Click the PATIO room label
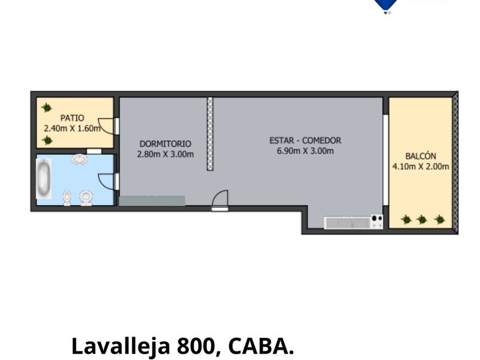(72, 118)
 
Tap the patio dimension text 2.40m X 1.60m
(72, 128)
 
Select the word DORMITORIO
(165, 143)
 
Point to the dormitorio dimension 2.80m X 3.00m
(165, 154)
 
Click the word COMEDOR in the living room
(321, 141)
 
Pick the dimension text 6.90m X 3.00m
(305, 151)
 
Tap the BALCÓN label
(421, 156)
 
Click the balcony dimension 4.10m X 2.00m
(421, 166)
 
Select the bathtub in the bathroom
(43, 178)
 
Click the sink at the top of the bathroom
(79, 159)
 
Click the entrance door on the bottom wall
(220, 200)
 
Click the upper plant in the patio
(46, 107)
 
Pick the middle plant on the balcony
(422, 219)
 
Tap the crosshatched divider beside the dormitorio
(210, 134)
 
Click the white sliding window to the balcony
(386, 160)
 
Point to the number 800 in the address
(195, 346)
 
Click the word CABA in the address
(257, 346)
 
